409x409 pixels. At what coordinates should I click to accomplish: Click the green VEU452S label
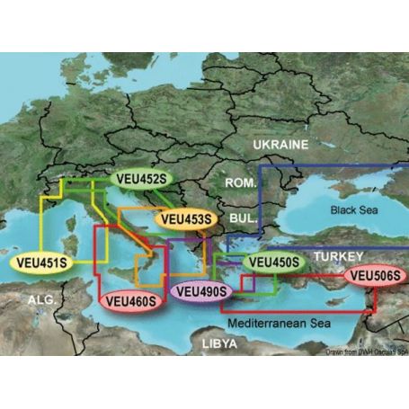140,179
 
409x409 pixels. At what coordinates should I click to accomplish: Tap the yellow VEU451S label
40,263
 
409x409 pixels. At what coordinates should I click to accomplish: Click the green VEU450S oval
273,262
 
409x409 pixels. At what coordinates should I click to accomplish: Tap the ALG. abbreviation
44,298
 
